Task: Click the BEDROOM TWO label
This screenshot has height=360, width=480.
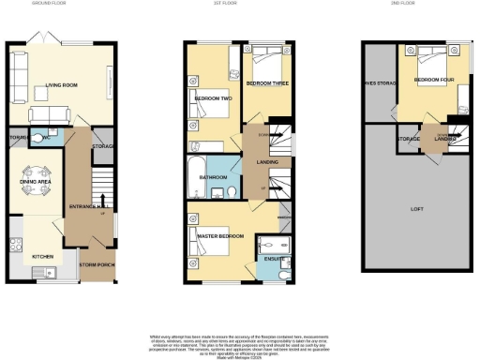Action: [212, 97]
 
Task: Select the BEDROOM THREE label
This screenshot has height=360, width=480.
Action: [269, 84]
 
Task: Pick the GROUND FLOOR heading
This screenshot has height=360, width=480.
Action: [61, 4]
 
